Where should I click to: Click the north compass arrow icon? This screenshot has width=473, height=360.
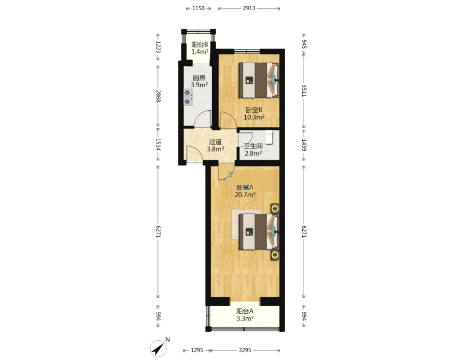(x=158, y=349)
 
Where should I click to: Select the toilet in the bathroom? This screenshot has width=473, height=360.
(x=269, y=137)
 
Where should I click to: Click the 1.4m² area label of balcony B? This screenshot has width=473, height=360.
(x=200, y=52)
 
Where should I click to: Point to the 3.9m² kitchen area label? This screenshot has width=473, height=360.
(x=199, y=85)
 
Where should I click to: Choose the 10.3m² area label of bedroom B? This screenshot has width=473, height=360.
(x=254, y=117)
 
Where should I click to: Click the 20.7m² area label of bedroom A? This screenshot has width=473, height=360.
(x=245, y=195)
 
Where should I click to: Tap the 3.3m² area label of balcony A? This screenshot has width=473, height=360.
(x=245, y=319)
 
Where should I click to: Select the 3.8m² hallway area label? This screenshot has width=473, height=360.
(x=215, y=149)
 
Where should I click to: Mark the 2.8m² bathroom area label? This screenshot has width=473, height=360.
(x=253, y=153)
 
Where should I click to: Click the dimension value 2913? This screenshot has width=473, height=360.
(x=249, y=8)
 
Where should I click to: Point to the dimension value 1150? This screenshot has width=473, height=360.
(x=198, y=8)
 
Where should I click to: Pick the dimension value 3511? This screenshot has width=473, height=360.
(x=304, y=91)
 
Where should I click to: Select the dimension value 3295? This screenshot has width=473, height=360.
(x=245, y=350)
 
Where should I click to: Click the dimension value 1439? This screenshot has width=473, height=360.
(x=304, y=145)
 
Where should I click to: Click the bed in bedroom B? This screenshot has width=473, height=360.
(x=259, y=80)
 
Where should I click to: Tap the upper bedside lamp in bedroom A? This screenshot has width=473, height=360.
(x=275, y=208)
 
